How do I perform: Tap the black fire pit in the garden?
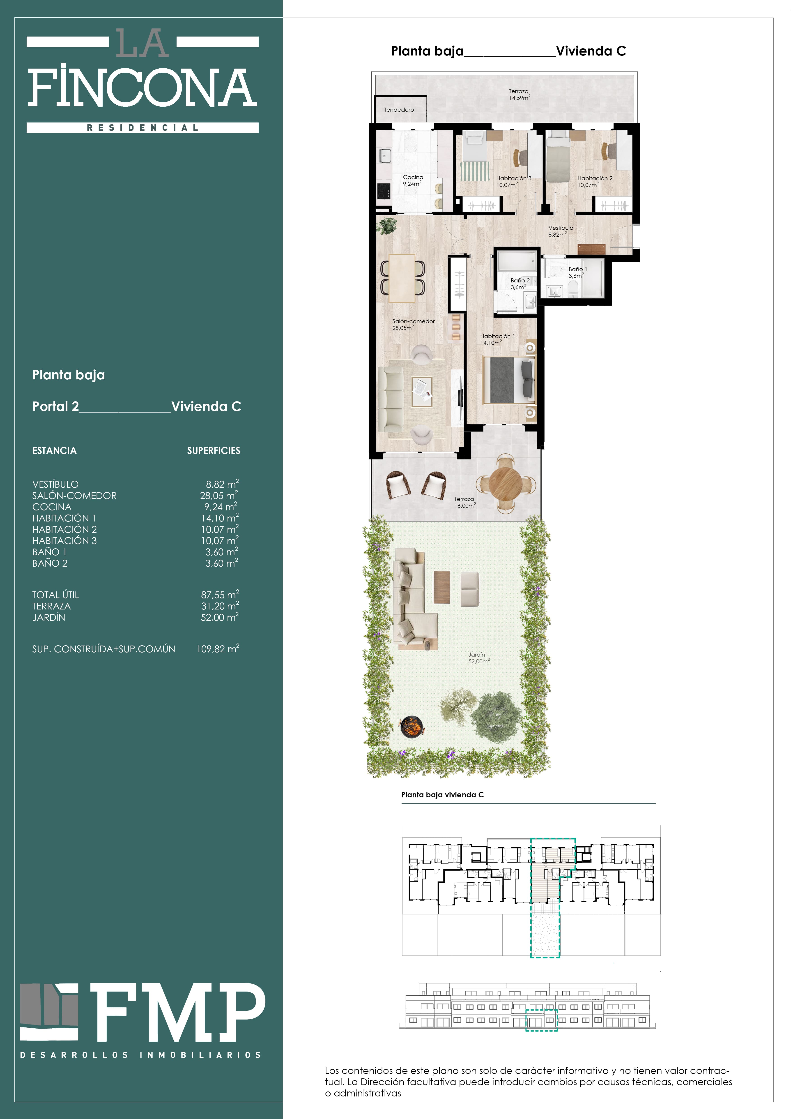tap(412, 726)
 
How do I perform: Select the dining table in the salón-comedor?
tap(402, 278)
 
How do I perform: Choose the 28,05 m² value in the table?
tap(219, 495)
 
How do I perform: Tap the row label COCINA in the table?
tap(52, 507)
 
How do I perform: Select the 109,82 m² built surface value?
tap(218, 649)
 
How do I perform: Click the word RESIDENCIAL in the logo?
tap(143, 128)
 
